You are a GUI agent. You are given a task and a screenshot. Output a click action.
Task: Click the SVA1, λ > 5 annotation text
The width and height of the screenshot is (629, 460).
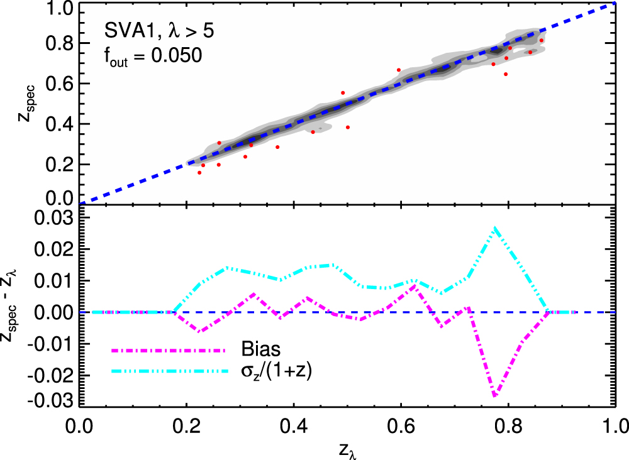[x=160, y=31]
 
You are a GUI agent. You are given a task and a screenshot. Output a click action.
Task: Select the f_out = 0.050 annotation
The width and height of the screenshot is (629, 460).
[x=152, y=56]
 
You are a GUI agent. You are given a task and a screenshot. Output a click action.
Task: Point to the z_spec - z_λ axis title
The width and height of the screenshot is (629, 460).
[x=24, y=312]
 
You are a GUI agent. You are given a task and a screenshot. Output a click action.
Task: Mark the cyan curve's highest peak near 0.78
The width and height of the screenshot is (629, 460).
[x=496, y=228]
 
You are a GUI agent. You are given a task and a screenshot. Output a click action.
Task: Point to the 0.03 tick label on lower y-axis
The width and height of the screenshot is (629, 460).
[x=54, y=217]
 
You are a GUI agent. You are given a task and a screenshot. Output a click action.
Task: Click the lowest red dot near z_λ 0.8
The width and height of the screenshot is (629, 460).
[x=505, y=74]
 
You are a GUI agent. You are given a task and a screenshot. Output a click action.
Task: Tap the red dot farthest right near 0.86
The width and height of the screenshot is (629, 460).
[x=541, y=40]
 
